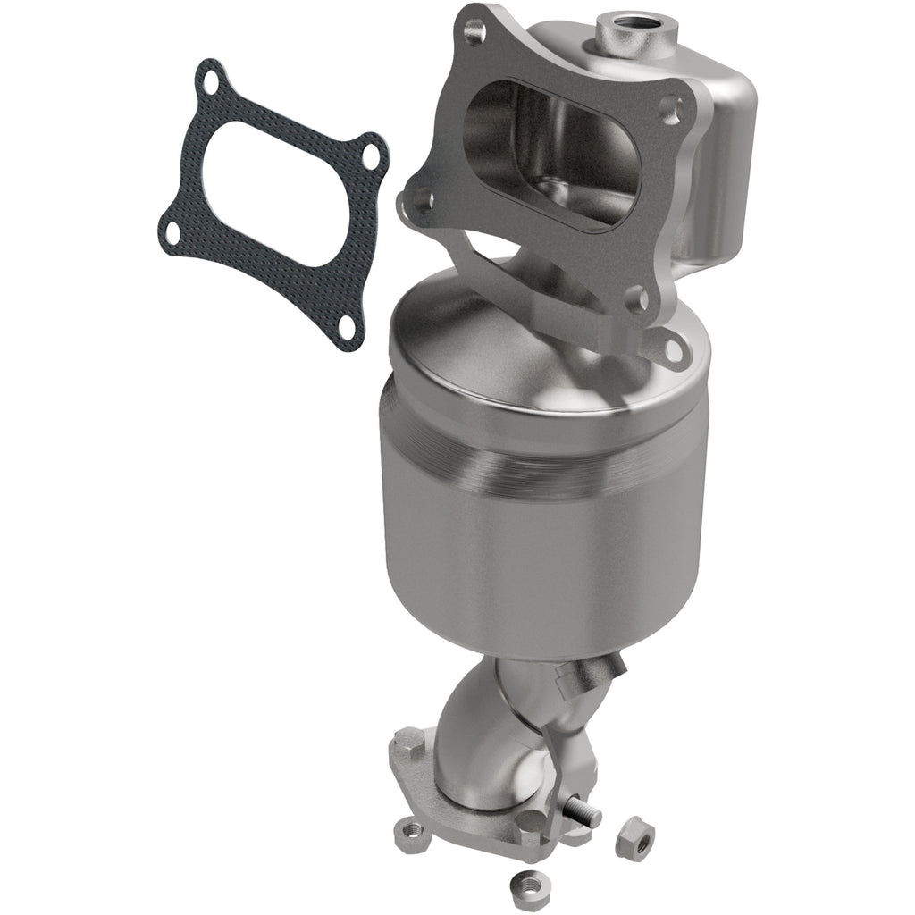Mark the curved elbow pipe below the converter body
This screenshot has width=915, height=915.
click(x=483, y=742)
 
